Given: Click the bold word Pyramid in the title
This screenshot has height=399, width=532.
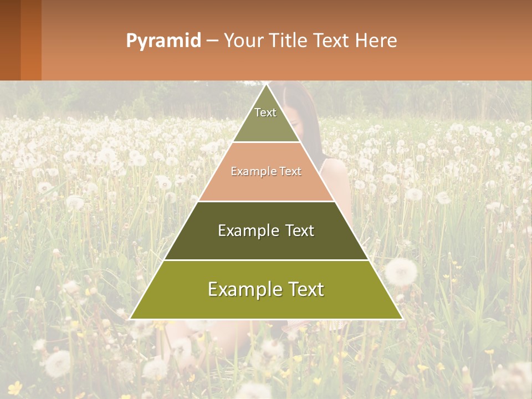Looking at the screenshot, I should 163,40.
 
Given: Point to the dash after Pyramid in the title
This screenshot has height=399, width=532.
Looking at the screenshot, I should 212,40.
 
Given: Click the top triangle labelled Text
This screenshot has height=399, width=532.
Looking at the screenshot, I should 266,119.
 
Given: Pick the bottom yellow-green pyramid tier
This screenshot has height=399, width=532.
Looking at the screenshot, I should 266,299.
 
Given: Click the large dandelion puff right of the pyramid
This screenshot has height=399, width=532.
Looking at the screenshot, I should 401,272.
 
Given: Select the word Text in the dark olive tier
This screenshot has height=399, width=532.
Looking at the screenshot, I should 299,231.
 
